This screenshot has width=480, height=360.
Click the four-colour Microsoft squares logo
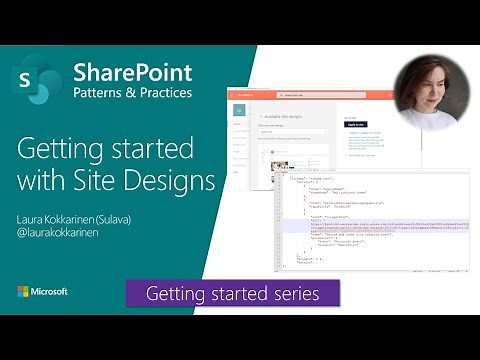tap(23, 291)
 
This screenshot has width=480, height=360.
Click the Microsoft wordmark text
tap(50, 291)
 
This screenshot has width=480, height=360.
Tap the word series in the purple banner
tap(297, 294)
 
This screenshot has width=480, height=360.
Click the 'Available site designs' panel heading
tap(286, 115)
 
